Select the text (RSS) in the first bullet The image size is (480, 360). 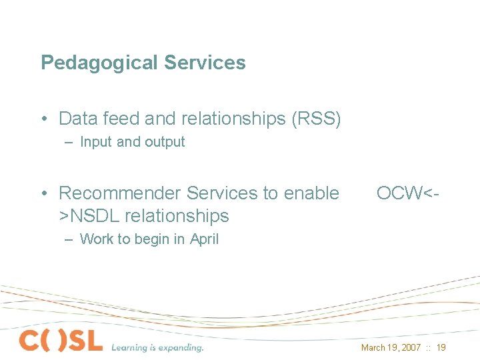pos(315,119)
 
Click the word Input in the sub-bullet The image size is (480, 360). pos(97,141)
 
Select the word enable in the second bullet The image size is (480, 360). pos(311,193)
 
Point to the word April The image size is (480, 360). pos(204,239)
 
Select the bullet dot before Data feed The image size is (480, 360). pos(43,119)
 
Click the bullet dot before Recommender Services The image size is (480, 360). pos(43,194)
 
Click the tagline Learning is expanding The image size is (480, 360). pos(157,347)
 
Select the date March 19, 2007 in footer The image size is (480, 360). pos(390,347)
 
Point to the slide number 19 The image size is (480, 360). pos(441,347)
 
